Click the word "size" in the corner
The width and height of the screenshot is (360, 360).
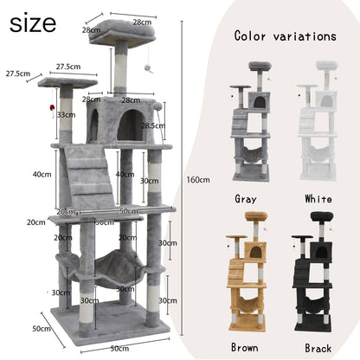click(33, 23)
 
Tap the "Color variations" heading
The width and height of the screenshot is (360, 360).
click(285, 36)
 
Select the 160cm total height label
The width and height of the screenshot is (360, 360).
click(198, 180)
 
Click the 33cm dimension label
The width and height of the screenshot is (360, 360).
click(66, 115)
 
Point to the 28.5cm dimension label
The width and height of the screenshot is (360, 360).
click(153, 125)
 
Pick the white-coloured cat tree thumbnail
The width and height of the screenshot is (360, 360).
click(318, 120)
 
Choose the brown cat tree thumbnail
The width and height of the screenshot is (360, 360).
click(247, 271)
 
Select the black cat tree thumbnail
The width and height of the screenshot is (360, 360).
click(313, 271)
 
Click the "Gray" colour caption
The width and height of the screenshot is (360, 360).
click(246, 199)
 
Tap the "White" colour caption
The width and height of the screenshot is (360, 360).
click(318, 199)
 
